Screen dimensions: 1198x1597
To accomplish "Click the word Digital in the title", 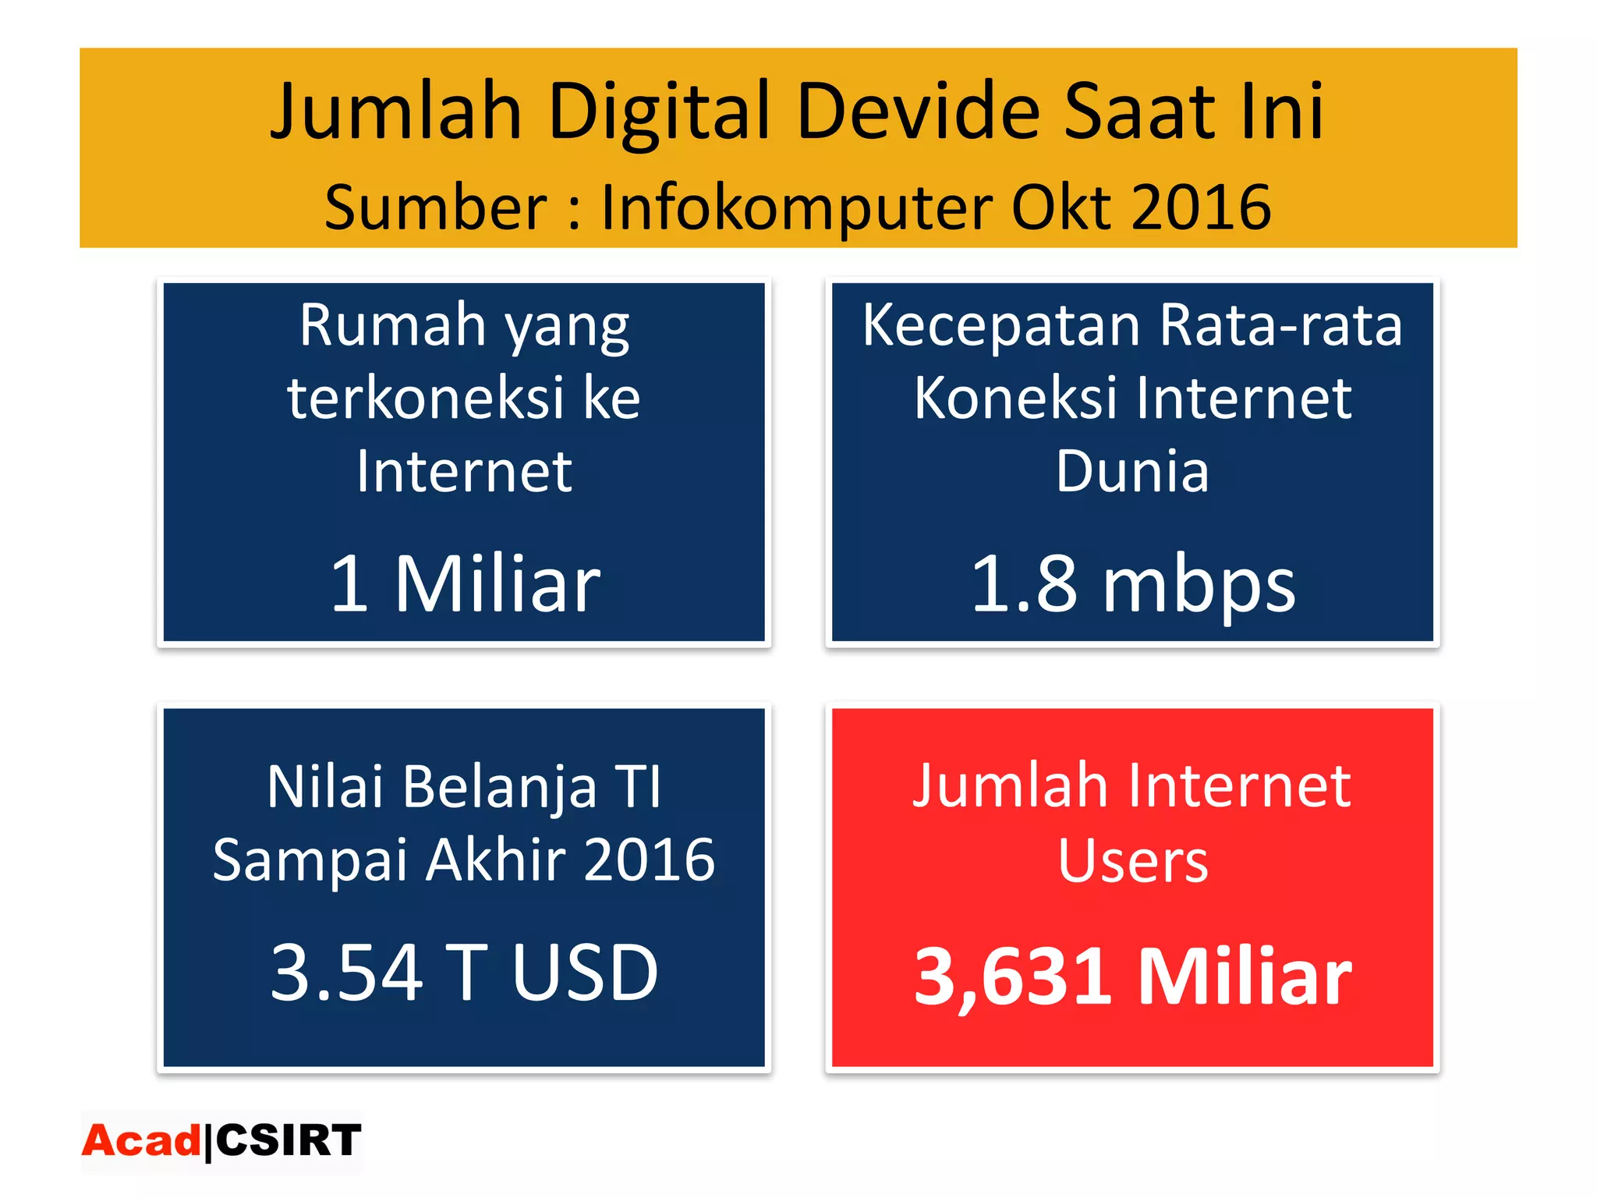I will pos(660,113).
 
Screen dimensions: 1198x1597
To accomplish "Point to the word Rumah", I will pos(393,325).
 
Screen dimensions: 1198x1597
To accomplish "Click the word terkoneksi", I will pos(426,399).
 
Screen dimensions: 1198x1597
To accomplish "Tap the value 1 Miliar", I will pos(465,583).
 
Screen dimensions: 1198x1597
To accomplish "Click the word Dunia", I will pos(1132,472).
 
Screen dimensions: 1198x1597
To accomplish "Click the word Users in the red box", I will pos(1132,862).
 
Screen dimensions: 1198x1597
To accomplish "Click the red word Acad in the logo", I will pos(141,1141).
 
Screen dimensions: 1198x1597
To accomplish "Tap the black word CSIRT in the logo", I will pos(289,1141).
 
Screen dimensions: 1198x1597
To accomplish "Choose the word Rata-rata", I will pos(1280,325).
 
